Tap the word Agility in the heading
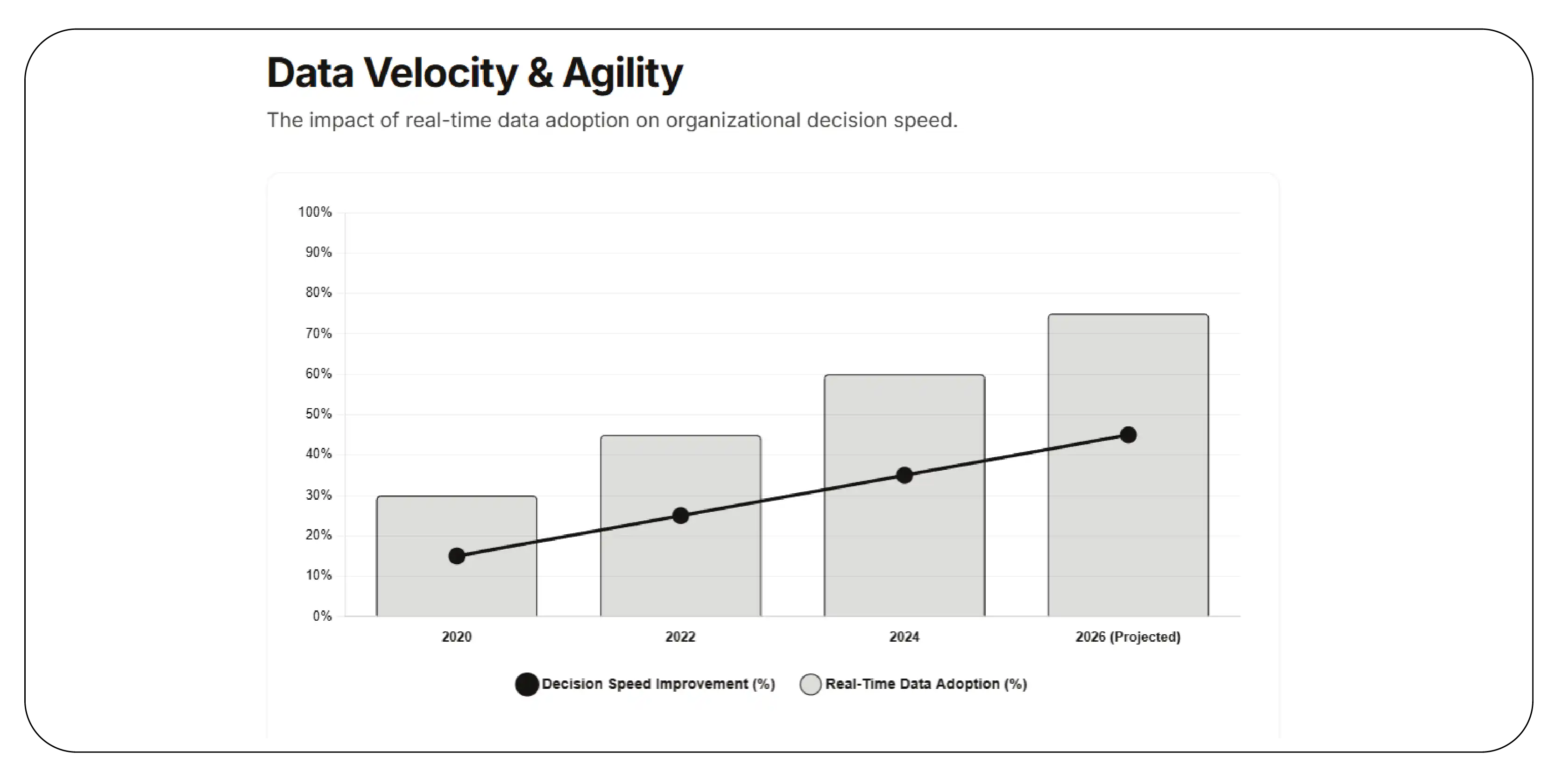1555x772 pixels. (622, 73)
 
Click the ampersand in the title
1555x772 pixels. (540, 73)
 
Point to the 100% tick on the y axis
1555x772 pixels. (314, 212)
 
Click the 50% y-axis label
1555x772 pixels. (318, 414)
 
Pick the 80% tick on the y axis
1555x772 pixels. (318, 293)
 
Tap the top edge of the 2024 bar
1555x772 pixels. (904, 375)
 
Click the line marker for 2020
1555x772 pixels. (457, 556)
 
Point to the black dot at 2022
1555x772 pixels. (680, 516)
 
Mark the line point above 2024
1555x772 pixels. (904, 475)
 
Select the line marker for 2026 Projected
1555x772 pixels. (1128, 435)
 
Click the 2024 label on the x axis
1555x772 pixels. (904, 637)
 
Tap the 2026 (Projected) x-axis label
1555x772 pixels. (1128, 637)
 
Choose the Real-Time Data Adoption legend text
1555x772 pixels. (926, 684)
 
